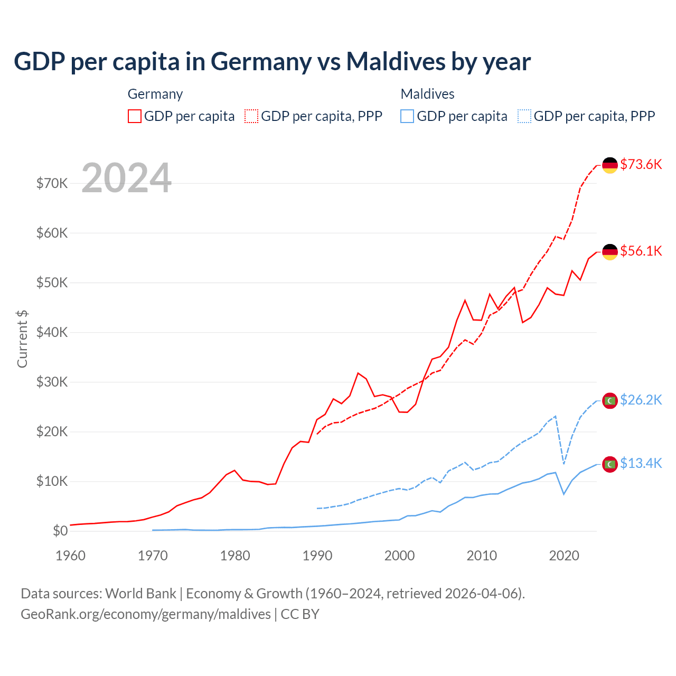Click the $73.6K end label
coord(641,164)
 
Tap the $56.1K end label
coord(641,251)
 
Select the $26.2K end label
coord(641,400)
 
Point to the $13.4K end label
coord(641,463)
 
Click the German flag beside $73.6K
coord(610,165)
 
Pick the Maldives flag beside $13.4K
coord(610,464)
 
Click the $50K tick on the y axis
coord(52,283)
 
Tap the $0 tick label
coord(60,531)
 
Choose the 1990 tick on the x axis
coord(317,556)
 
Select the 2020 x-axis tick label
coord(564,556)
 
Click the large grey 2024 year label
coord(126,178)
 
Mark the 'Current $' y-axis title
coord(22,339)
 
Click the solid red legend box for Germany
coord(135,116)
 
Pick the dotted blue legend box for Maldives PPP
coord(524,116)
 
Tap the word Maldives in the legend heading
coord(427,94)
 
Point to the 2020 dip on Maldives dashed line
coord(564,464)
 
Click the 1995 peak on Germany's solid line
coord(358,373)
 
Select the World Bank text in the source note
coord(140,594)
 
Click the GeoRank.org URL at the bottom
coord(146,614)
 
